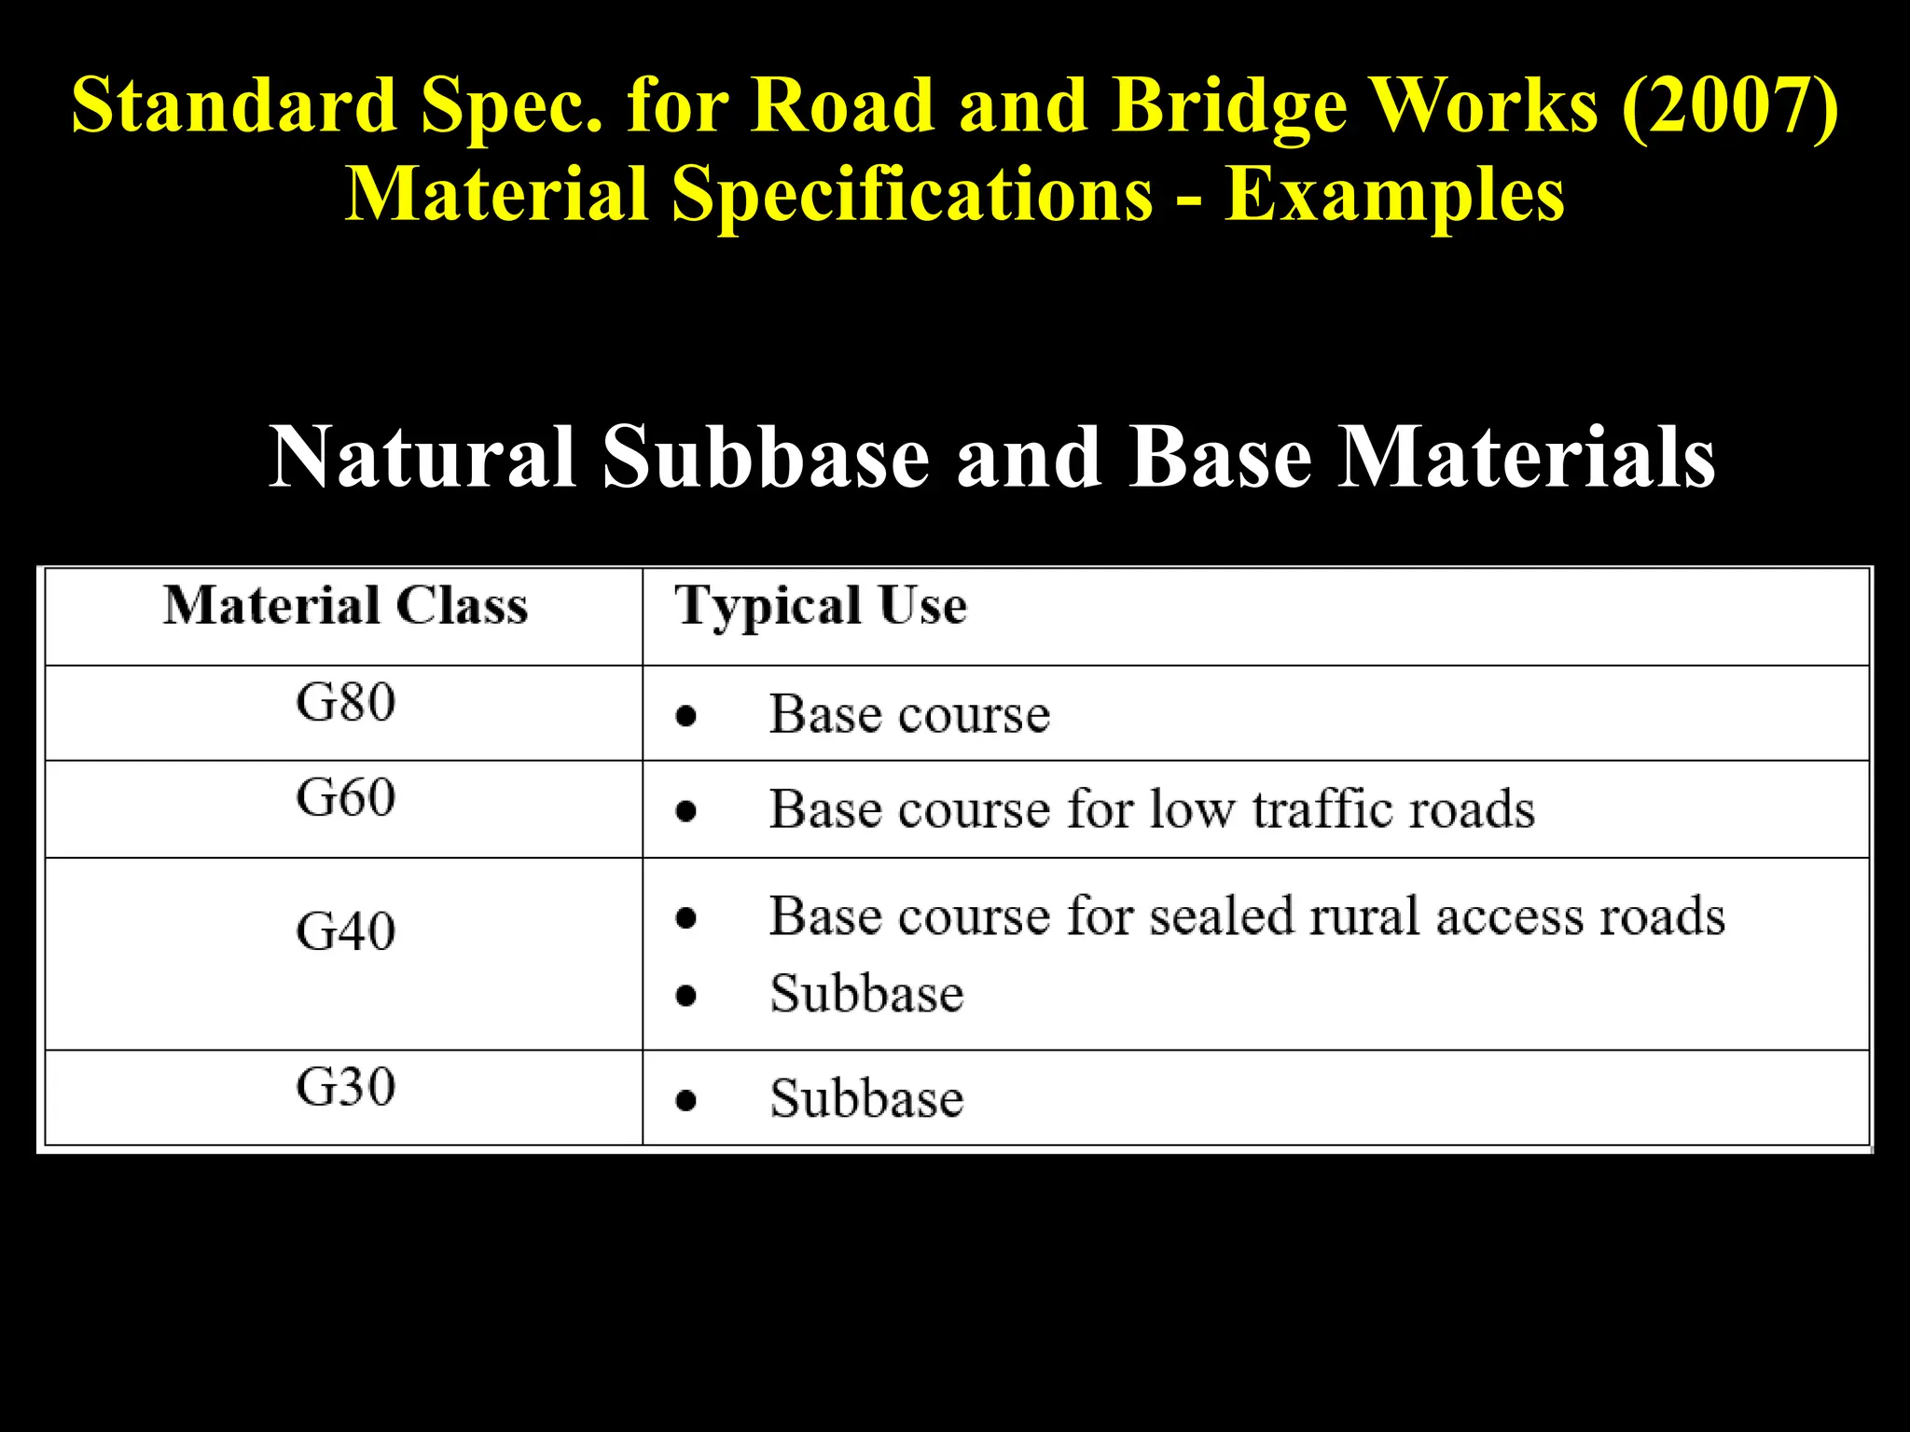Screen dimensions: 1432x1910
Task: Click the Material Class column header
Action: (345, 606)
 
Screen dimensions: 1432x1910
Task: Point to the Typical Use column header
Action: (821, 606)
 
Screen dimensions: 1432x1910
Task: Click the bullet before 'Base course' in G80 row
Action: (686, 716)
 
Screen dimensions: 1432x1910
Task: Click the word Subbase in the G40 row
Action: (866, 994)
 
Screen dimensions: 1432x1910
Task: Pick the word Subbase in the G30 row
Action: (866, 1098)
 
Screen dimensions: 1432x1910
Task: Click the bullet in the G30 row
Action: (686, 1101)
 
